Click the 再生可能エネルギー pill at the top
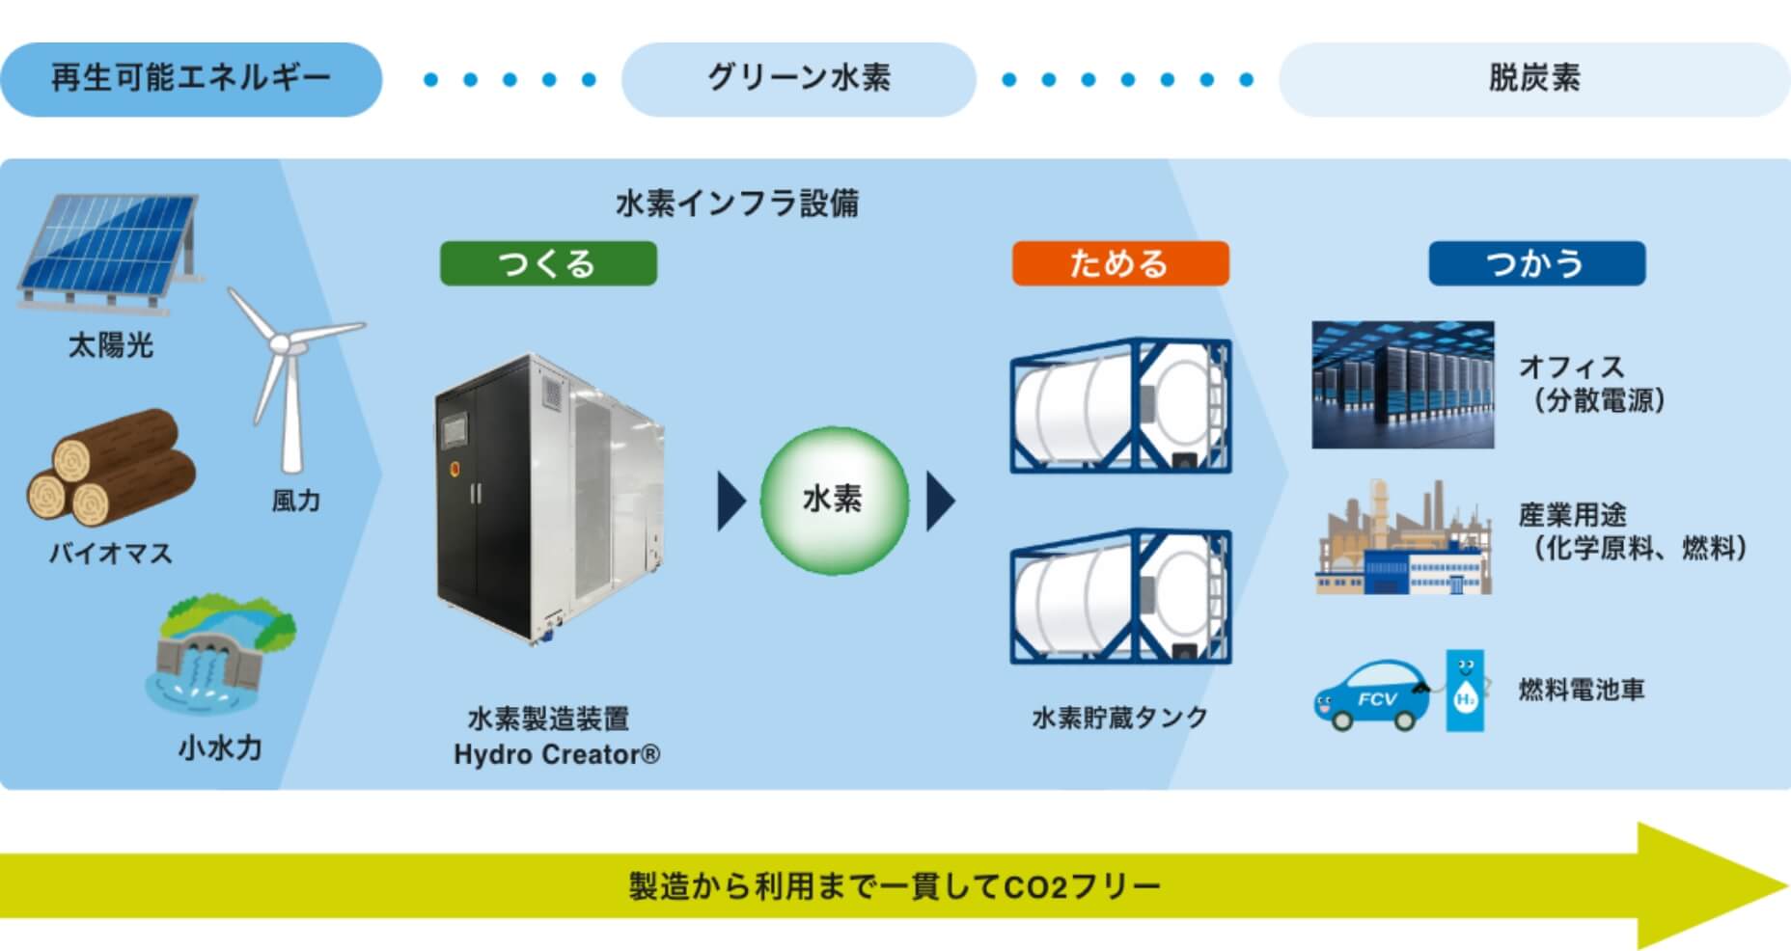(x=191, y=79)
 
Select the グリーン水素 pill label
(x=798, y=79)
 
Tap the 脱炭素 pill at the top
(x=1533, y=79)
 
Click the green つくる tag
(x=548, y=263)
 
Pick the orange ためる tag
(x=1119, y=263)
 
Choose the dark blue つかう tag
(x=1536, y=263)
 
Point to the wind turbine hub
(x=279, y=342)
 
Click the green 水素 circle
(x=834, y=500)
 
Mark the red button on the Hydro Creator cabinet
(x=453, y=470)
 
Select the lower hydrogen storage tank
(x=1120, y=596)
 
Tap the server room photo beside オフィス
(x=1402, y=385)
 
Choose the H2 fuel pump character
(x=1464, y=691)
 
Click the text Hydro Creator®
(x=557, y=754)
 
